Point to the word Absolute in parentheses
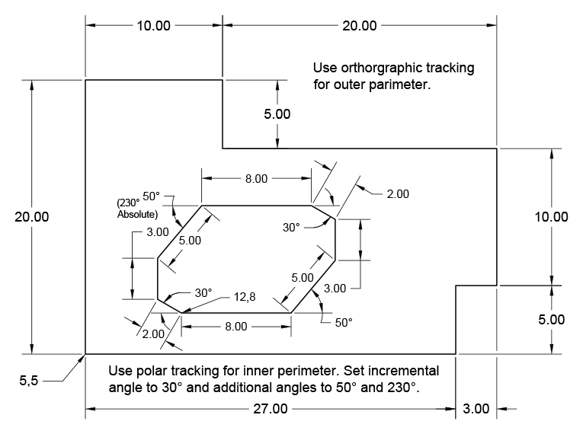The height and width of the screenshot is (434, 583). click(137, 215)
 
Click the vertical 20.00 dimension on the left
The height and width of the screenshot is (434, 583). click(31, 216)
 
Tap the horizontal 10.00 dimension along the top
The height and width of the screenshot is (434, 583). click(153, 25)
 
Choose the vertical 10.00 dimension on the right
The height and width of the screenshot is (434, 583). click(550, 216)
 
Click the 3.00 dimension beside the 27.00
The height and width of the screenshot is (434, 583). click(476, 409)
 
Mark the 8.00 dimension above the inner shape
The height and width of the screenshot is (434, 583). click(255, 179)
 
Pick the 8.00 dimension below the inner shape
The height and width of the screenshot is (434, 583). click(235, 327)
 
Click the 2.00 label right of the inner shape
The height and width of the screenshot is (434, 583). click(397, 194)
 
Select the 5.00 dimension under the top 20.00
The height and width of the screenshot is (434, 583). click(277, 115)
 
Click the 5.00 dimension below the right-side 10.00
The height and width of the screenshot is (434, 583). click(550, 320)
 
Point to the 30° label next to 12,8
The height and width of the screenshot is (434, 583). click(201, 293)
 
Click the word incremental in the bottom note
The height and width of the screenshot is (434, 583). click(406, 372)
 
